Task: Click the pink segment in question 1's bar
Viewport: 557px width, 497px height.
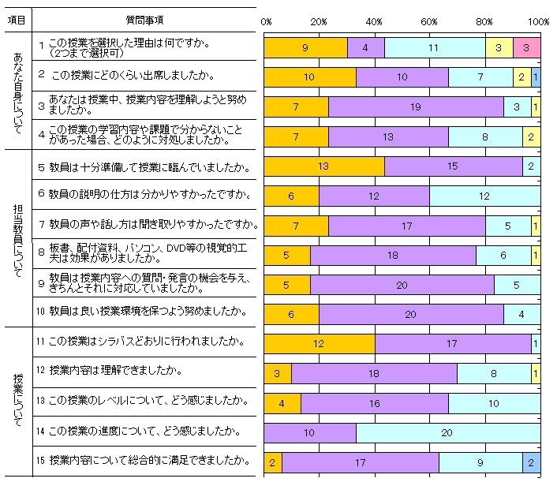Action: [x=526, y=47]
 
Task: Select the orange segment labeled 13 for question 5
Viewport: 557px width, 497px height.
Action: [x=323, y=166]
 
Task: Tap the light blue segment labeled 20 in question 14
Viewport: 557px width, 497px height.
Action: [x=447, y=433]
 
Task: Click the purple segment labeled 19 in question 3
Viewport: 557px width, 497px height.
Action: [x=416, y=106]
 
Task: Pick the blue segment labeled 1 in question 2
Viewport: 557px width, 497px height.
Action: [x=536, y=77]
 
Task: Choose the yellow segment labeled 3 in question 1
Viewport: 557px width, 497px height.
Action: [x=499, y=47]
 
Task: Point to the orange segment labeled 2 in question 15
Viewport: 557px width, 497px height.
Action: [x=272, y=462]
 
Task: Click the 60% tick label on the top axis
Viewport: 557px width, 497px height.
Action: [x=429, y=21]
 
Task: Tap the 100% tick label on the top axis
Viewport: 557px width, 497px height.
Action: [x=539, y=21]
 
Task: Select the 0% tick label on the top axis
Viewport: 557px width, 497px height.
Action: [x=266, y=21]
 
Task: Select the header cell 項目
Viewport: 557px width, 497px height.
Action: [x=16, y=19]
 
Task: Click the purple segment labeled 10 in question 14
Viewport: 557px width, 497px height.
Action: [x=309, y=433]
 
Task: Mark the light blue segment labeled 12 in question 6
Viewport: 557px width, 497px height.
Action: [x=484, y=196]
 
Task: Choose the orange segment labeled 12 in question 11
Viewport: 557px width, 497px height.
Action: [x=319, y=344]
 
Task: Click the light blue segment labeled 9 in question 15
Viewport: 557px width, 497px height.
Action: [x=480, y=462]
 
